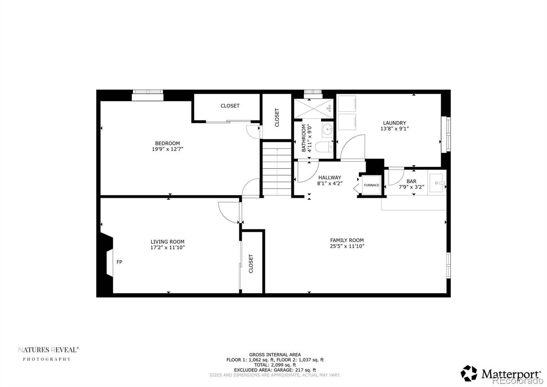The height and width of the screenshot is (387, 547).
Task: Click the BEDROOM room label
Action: point(168,143)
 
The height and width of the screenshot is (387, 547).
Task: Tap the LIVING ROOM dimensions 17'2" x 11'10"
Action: point(168,248)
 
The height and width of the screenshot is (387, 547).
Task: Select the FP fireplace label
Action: point(119,262)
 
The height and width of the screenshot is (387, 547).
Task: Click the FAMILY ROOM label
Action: point(347,240)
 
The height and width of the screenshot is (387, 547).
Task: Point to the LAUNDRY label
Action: point(395,123)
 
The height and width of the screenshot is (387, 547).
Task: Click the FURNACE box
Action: point(371,185)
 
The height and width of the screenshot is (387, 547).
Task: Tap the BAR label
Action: point(411,182)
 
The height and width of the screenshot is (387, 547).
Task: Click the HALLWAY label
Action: point(330,177)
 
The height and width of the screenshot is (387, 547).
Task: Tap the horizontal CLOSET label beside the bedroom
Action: point(230,106)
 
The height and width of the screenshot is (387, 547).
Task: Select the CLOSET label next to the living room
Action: point(251,263)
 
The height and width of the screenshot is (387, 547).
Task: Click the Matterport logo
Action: point(501,373)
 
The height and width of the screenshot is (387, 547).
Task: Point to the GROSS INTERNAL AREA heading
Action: point(275,355)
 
